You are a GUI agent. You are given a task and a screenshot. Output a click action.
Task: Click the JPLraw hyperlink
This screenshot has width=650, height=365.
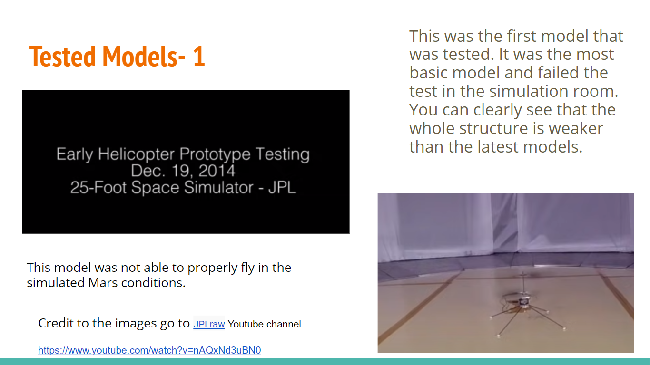209,324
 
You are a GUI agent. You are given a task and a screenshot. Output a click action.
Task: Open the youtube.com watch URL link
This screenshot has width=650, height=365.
149,350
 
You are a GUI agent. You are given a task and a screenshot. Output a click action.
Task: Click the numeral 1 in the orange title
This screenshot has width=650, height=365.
199,56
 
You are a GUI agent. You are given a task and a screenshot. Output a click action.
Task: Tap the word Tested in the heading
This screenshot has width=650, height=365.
62,56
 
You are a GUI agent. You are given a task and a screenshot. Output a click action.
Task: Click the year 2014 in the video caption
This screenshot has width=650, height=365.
217,171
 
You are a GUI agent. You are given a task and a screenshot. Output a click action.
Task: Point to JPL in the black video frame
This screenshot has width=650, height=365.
282,187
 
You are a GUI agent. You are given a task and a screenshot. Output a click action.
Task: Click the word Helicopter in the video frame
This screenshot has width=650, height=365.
137,154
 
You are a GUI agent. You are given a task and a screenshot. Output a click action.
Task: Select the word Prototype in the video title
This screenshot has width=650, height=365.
215,154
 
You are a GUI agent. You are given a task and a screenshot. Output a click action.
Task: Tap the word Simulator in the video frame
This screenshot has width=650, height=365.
218,187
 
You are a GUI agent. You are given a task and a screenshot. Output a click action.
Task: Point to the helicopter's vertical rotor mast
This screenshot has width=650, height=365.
523,285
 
